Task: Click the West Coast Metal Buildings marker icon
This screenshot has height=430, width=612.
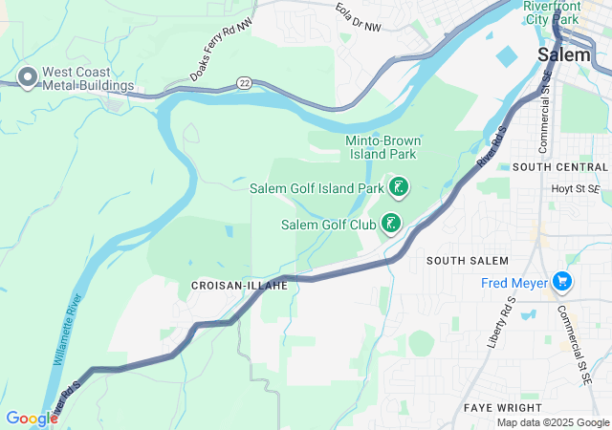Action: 28,75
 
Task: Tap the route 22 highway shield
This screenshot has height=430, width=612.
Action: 245,83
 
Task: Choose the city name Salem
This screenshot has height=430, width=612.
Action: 563,54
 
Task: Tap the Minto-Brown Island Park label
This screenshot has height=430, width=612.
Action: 382,148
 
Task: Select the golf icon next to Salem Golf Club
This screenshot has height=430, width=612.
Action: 390,224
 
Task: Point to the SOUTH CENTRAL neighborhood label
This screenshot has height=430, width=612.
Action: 559,166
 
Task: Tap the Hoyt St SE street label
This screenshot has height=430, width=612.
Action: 576,189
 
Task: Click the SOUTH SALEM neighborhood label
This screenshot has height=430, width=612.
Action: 467,261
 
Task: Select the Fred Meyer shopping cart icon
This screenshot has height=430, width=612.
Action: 562,282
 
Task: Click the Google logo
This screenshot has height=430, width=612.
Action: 32,419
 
